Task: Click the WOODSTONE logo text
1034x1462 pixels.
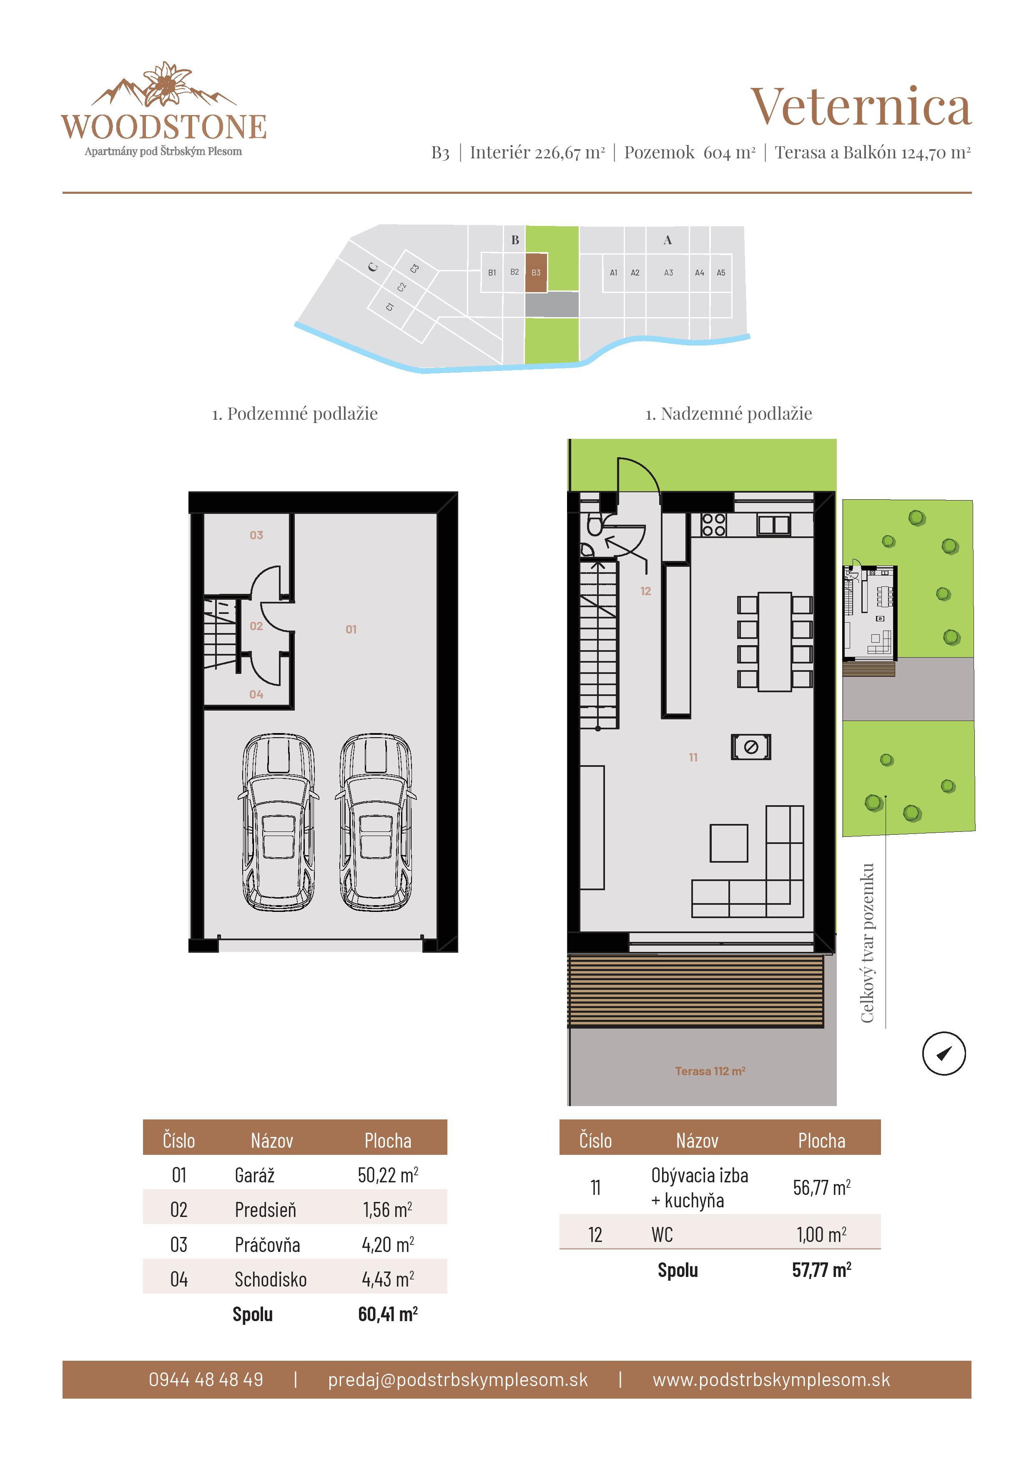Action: pyautogui.click(x=164, y=128)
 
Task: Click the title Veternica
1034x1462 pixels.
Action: pyautogui.click(x=860, y=107)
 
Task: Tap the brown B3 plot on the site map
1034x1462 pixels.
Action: pyautogui.click(x=536, y=273)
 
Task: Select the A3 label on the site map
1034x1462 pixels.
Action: pyautogui.click(x=668, y=273)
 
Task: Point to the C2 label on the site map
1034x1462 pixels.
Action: pyautogui.click(x=402, y=287)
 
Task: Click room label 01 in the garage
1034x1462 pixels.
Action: pyautogui.click(x=351, y=629)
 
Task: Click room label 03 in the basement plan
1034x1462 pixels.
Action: pyautogui.click(x=256, y=535)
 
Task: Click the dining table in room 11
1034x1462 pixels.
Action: pyautogui.click(x=774, y=641)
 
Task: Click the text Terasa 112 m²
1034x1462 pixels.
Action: pyautogui.click(x=710, y=1071)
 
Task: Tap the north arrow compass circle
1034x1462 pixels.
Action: pyautogui.click(x=944, y=1053)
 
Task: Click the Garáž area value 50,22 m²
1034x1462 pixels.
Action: pyautogui.click(x=387, y=1175)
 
